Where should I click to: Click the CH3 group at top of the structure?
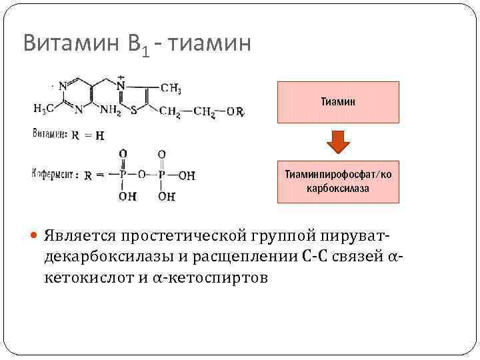coord(171,89)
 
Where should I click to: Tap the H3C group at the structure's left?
coord(44,109)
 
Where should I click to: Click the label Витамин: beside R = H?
coord(49,135)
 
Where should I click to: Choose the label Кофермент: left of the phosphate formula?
coord(54,175)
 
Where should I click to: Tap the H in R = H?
coord(99,136)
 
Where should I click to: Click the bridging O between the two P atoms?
coord(142,175)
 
